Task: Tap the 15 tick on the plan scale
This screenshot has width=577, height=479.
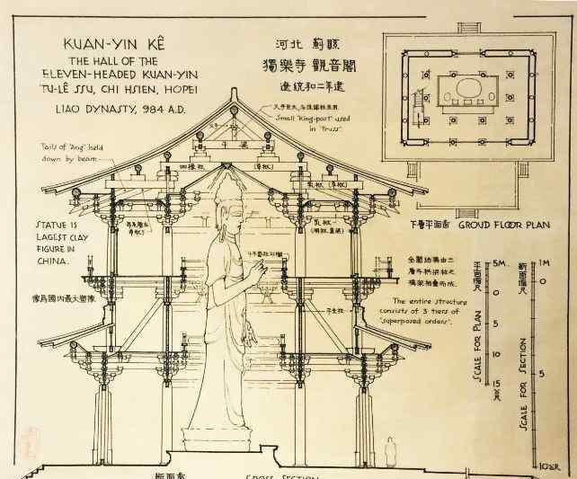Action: click(495, 385)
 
